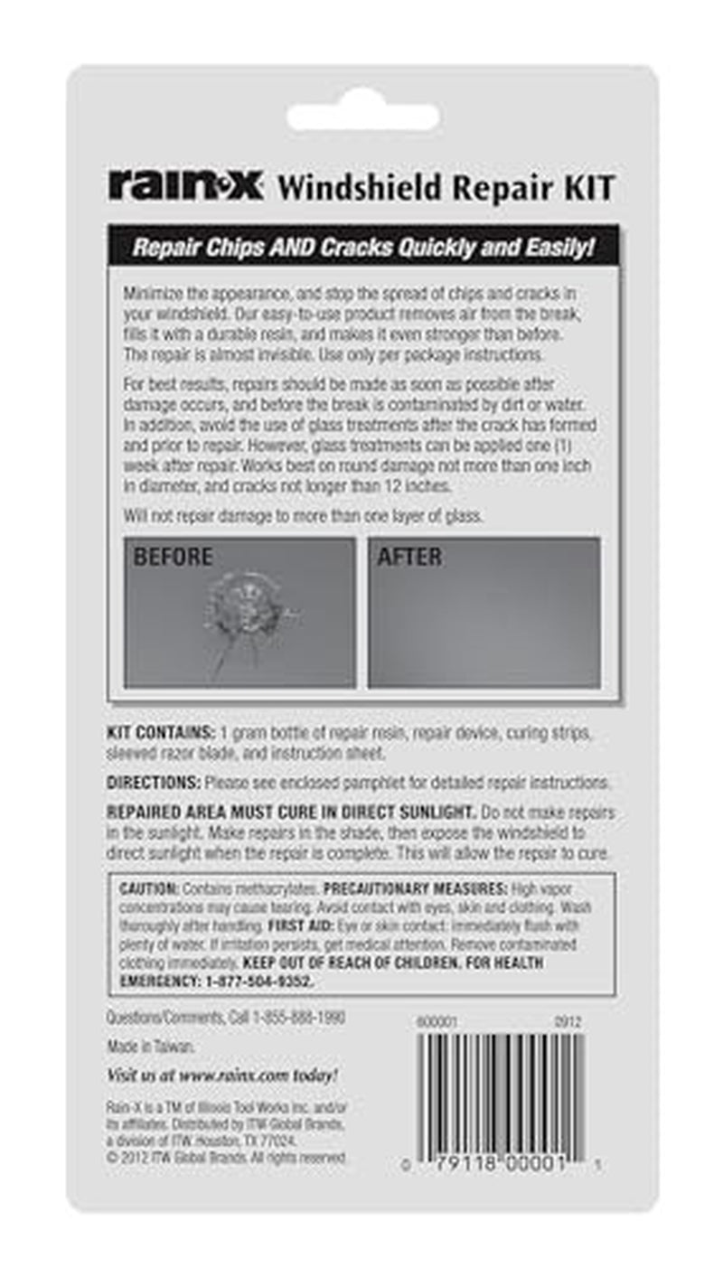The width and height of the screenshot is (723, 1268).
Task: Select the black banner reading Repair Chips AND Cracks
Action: coord(363,247)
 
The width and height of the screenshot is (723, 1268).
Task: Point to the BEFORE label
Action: coord(173,557)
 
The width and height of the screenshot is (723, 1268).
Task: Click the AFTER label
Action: coord(409,557)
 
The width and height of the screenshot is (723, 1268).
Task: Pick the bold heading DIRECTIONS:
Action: coord(154,782)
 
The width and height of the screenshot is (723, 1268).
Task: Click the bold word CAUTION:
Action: coord(149,890)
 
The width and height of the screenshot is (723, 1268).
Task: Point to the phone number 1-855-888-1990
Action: coord(286,1018)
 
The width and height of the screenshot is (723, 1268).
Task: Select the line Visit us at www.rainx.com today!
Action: coord(222,1075)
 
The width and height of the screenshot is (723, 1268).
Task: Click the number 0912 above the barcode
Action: coord(568,1022)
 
